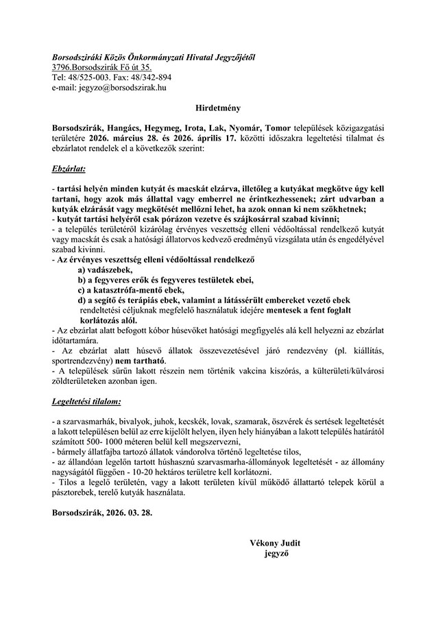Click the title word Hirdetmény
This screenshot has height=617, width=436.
[217, 108]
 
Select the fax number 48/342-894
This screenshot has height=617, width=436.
[152, 77]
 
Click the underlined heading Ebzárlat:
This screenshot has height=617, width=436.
[68, 167]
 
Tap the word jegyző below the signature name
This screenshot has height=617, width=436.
[276, 553]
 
